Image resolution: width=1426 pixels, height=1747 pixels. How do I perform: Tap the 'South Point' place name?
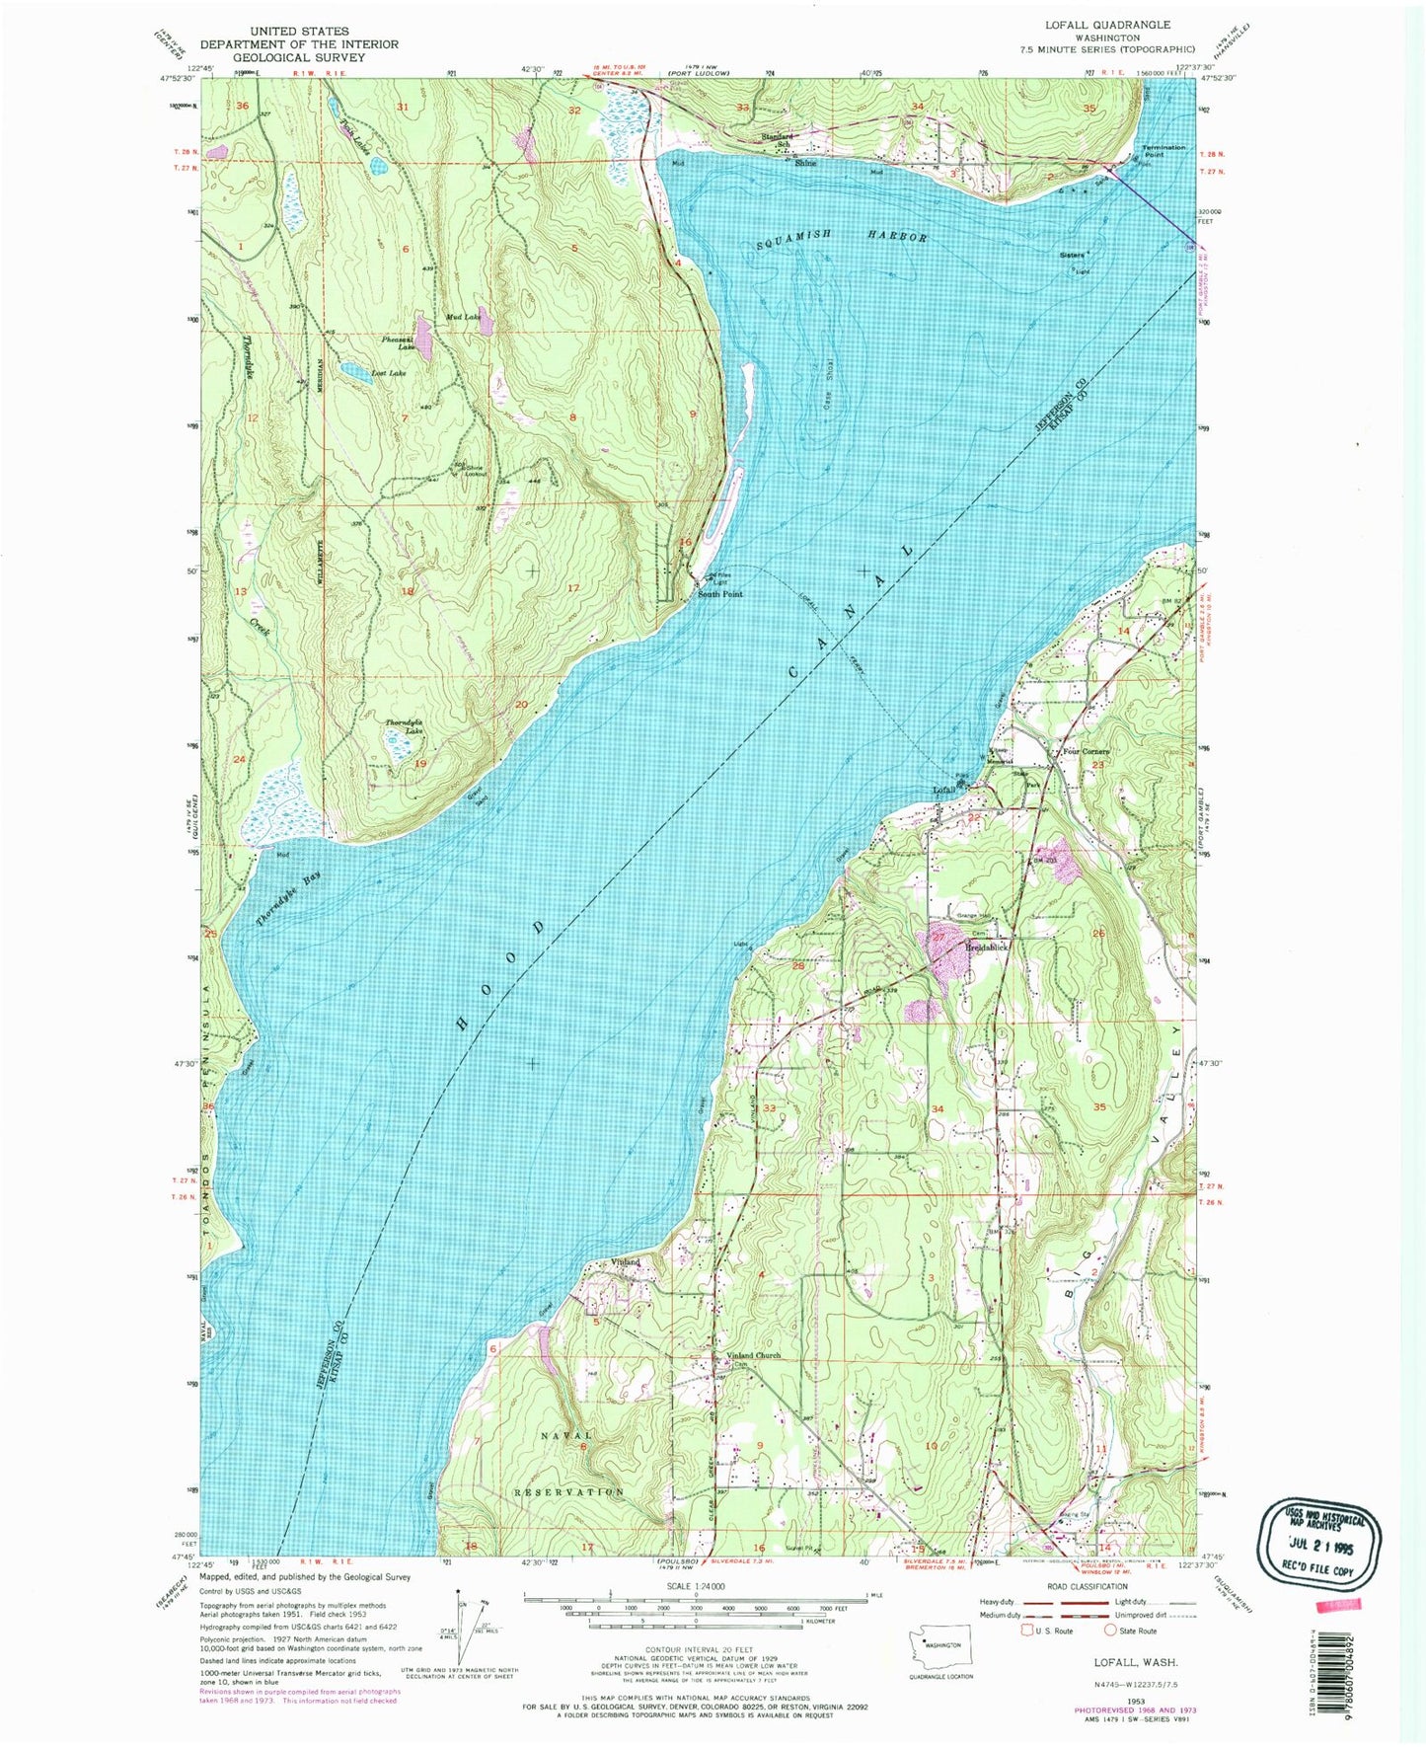coord(720,594)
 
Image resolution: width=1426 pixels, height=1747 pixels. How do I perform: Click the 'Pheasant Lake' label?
coord(399,342)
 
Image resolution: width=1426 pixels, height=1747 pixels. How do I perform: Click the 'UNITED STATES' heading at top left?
coord(299,32)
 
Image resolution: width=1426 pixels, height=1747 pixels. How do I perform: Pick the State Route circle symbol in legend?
coord(1110,1658)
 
